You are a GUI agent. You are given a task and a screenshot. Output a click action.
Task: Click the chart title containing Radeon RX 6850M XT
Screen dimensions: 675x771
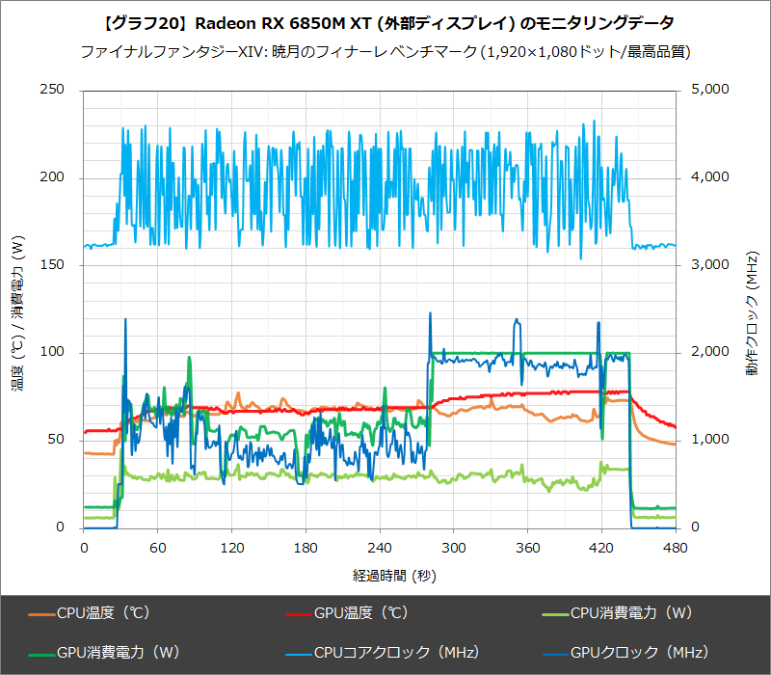385,22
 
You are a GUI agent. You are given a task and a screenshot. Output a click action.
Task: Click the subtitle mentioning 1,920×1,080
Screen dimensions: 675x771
385,51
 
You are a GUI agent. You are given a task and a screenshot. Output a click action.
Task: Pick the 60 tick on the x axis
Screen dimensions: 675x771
157,548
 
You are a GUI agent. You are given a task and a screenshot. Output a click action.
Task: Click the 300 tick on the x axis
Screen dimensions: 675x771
453,548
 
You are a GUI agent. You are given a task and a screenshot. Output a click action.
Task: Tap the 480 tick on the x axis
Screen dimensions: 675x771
676,548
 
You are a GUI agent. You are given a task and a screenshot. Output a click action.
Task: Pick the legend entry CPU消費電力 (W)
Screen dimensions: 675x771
627,612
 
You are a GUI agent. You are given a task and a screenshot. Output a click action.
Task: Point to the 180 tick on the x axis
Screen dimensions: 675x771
306,548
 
